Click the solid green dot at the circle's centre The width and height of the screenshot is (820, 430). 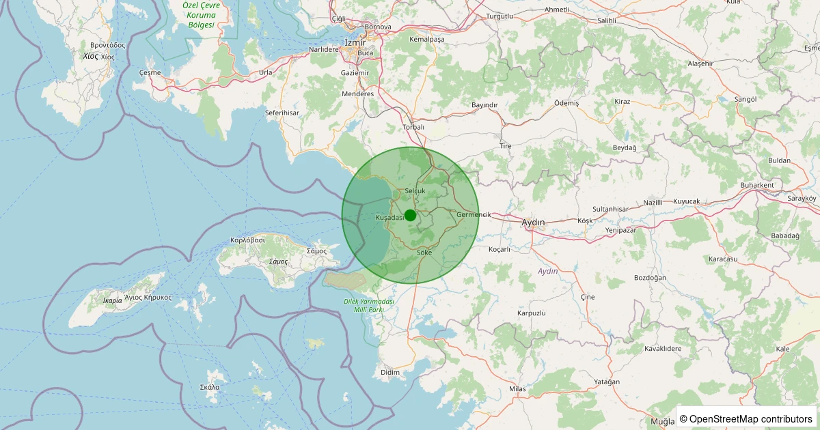pyautogui.click(x=410, y=215)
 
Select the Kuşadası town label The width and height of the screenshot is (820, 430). pyautogui.click(x=390, y=217)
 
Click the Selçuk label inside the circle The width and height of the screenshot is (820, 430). pyautogui.click(x=415, y=190)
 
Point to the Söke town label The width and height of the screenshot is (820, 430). pyautogui.click(x=424, y=253)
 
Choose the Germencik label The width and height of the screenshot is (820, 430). pyautogui.click(x=474, y=214)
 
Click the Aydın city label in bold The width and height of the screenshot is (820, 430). pyautogui.click(x=533, y=223)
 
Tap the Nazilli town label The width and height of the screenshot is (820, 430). pyautogui.click(x=653, y=203)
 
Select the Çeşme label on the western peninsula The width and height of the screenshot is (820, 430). pyautogui.click(x=150, y=72)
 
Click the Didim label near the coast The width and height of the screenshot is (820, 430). pyautogui.click(x=389, y=372)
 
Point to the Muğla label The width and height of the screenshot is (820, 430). pyautogui.click(x=661, y=421)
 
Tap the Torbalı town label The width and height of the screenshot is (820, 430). pyautogui.click(x=414, y=127)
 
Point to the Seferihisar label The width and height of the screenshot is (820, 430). pyautogui.click(x=282, y=113)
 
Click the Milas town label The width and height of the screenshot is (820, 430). pyautogui.click(x=517, y=388)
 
